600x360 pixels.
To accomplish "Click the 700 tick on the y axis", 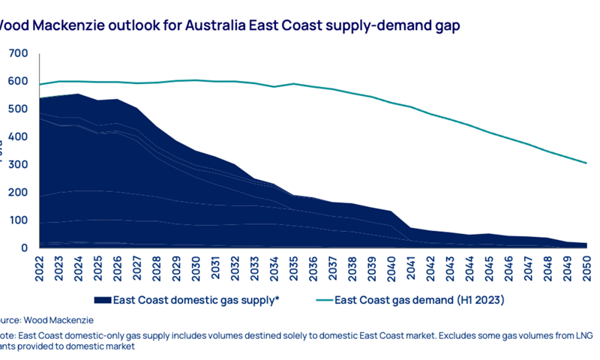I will coord(18,54).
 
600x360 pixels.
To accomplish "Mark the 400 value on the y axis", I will coord(18,137).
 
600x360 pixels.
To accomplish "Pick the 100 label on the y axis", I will coord(18,220).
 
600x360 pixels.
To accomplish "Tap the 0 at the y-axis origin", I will coord(25,248).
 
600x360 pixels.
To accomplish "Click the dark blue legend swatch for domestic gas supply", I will coord(102,300).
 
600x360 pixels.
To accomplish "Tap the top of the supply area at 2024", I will coord(78,94).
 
